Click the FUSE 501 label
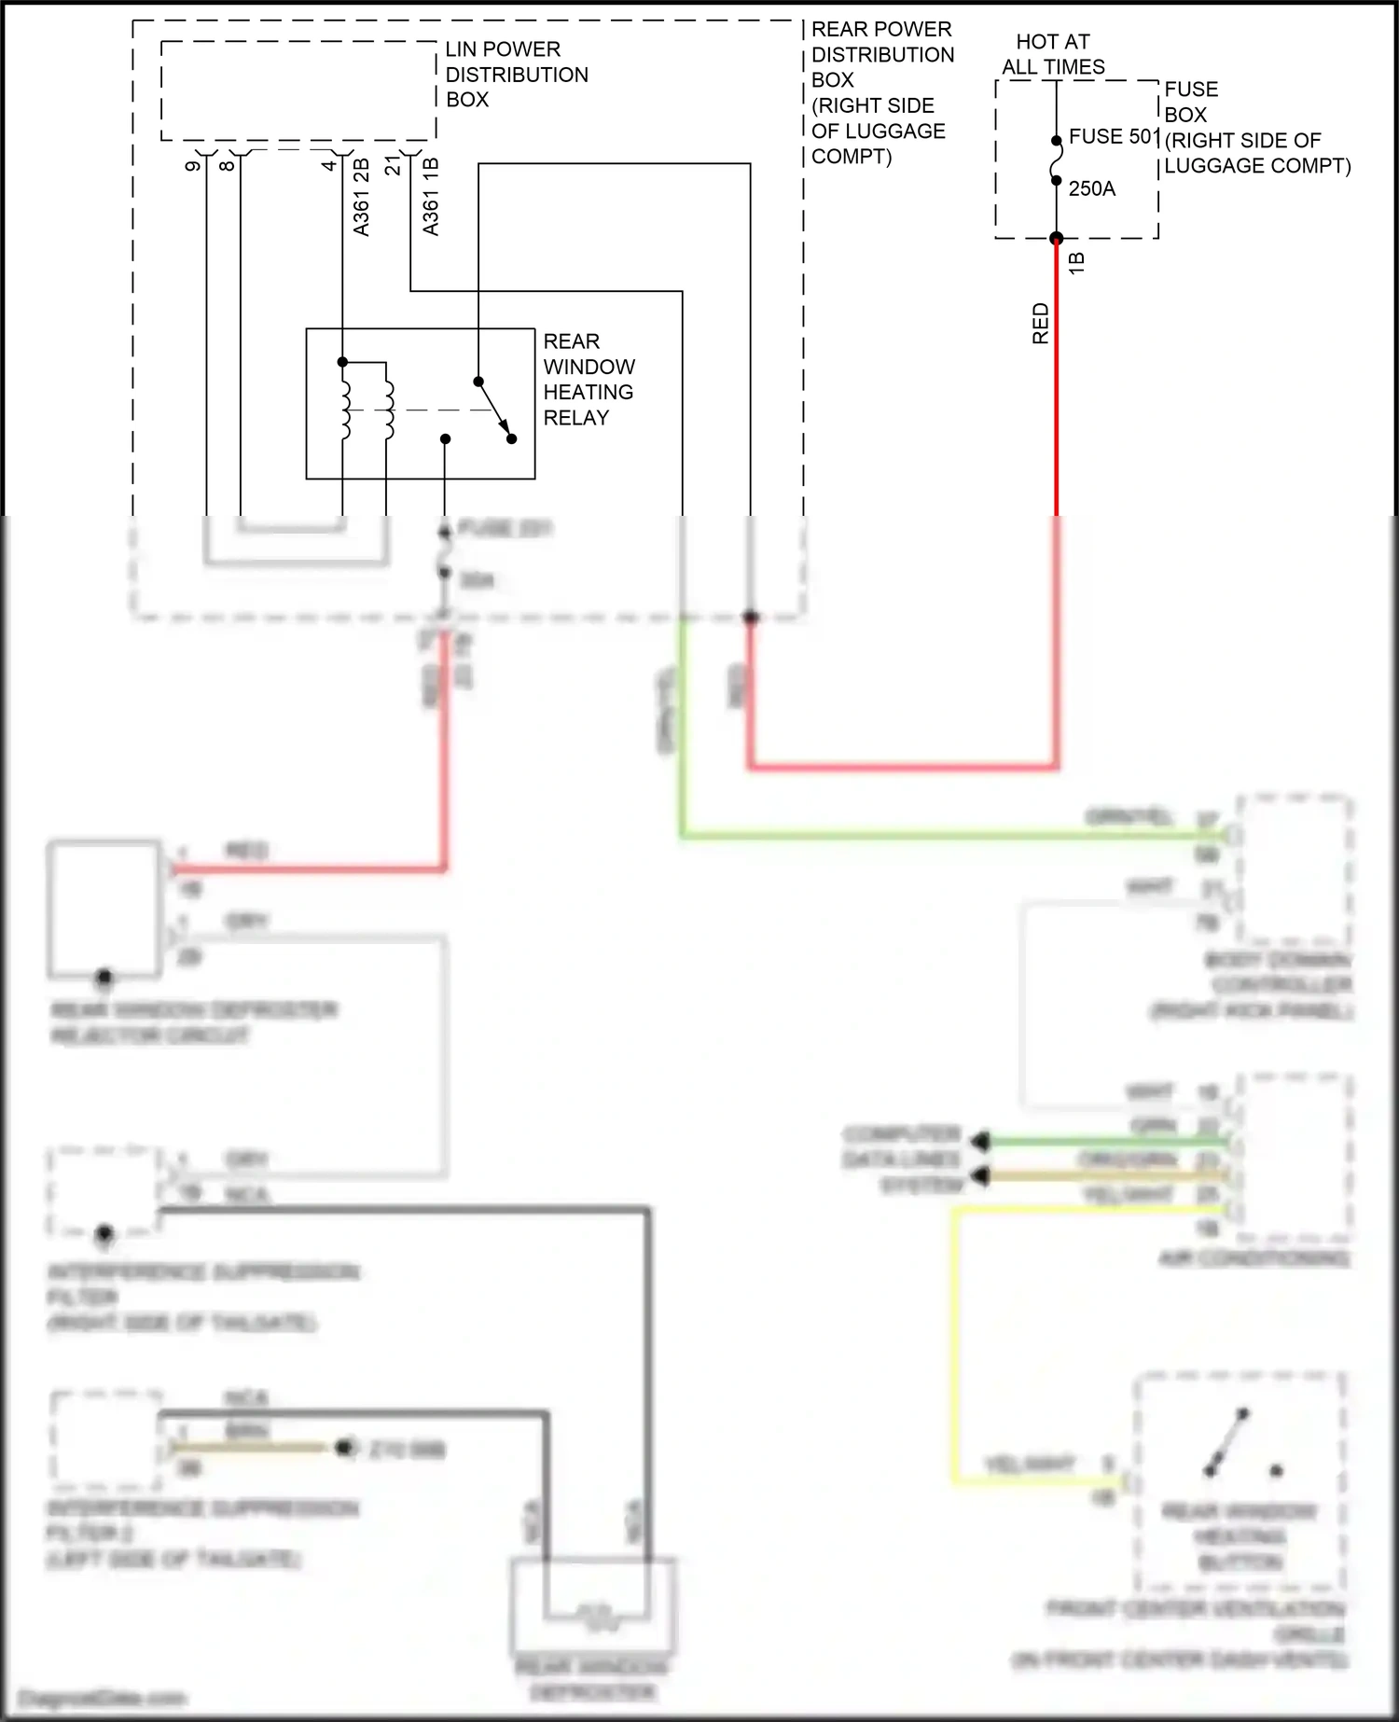point(1114,136)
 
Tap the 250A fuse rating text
point(1091,188)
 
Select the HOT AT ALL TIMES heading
point(1053,54)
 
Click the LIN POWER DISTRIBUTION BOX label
point(516,74)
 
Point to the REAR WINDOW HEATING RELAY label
point(589,379)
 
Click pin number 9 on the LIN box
point(193,165)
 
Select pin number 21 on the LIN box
point(394,165)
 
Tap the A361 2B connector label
point(362,197)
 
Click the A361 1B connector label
point(430,197)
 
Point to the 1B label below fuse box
point(1076,262)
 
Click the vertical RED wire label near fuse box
point(1041,323)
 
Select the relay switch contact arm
point(494,410)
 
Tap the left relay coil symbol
point(345,409)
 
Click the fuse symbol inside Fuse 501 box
point(1057,170)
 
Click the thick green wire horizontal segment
point(933,835)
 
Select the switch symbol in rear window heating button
point(1226,1441)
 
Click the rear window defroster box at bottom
point(593,1604)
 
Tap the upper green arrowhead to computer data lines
point(979,1141)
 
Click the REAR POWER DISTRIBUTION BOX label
point(881,92)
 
